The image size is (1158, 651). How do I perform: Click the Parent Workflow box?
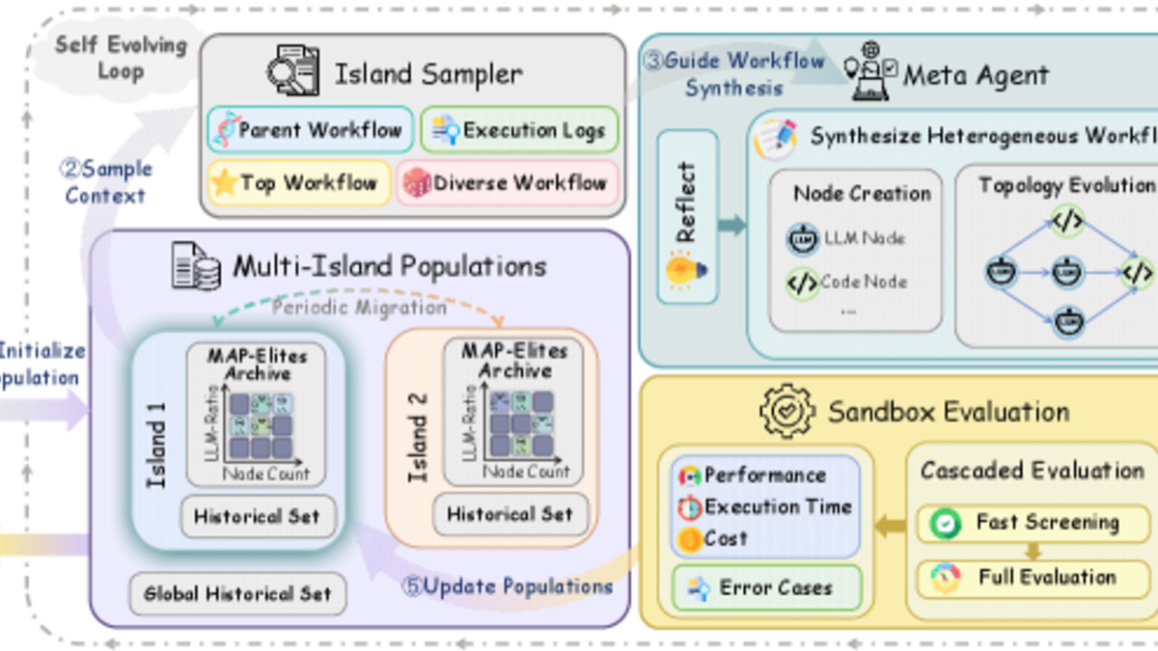pos(310,130)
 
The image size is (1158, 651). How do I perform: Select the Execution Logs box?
pos(519,130)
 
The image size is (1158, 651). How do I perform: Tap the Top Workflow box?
pos(298,183)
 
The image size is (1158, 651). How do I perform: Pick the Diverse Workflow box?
pos(507,183)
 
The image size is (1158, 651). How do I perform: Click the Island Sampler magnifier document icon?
pos(294,72)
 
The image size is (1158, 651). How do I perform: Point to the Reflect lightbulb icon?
pos(686,269)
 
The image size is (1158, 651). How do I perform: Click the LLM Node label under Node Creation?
pos(864,238)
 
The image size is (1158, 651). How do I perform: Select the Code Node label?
pos(864,283)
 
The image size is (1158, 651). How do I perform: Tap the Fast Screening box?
pos(1033,523)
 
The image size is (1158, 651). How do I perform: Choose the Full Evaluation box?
pos(1033,578)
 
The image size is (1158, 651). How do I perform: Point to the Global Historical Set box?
pos(237,594)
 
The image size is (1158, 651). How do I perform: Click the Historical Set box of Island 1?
pos(258,517)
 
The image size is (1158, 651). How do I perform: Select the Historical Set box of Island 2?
pos(510,514)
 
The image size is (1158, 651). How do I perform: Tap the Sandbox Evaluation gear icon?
pos(787,412)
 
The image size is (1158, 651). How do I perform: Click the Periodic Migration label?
pos(359,308)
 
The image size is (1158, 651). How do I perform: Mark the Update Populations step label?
pos(508,586)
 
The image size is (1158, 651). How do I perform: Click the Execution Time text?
pos(778,506)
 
